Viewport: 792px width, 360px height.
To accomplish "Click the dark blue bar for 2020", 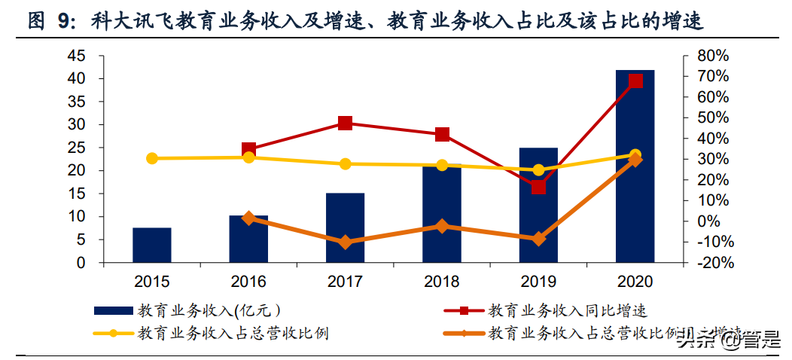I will tap(635, 166).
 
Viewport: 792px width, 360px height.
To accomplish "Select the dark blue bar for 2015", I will tap(152, 245).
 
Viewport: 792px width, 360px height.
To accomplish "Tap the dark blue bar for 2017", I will tap(345, 227).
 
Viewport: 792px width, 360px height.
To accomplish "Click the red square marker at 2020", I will tap(635, 81).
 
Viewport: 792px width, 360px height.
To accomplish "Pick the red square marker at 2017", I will tap(346, 124).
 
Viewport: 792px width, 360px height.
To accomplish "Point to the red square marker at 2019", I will tap(538, 187).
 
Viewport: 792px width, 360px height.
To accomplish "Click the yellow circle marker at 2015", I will tap(152, 158).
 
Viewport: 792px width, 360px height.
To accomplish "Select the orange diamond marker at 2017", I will tap(346, 243).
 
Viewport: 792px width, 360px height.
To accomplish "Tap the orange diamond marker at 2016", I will tap(248, 218).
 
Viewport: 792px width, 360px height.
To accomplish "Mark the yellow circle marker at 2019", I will tap(538, 170).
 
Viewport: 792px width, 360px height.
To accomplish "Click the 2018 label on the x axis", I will tap(442, 282).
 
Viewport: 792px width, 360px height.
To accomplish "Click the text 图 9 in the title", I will tap(50, 21).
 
